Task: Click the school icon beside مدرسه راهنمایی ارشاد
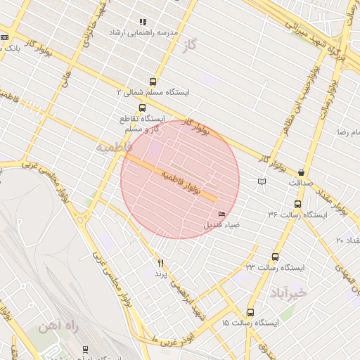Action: click(x=143, y=22)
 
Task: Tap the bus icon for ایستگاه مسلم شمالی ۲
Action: click(x=153, y=82)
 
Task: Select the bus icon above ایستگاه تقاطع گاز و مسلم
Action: click(x=143, y=108)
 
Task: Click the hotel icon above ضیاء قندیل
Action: click(x=223, y=214)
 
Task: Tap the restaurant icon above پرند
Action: click(x=160, y=262)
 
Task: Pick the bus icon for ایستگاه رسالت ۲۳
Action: click(x=275, y=257)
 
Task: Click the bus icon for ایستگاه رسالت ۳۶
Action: click(x=298, y=205)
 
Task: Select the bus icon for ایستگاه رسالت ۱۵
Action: click(x=250, y=312)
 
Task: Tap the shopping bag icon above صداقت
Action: click(x=302, y=172)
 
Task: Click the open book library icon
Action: click(x=262, y=181)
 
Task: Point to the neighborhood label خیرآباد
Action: click(x=289, y=291)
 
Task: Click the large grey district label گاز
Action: click(x=207, y=44)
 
